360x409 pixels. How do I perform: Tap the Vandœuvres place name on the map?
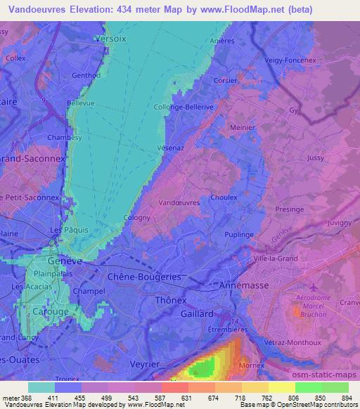click(x=179, y=202)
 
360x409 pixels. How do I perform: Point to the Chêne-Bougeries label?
click(x=143, y=277)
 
